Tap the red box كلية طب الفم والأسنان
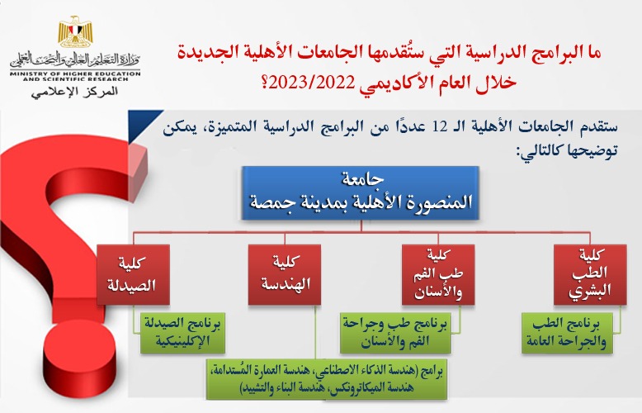pos(437,274)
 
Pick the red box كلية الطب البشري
pos(589,274)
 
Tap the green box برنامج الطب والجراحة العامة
pos(565,330)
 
